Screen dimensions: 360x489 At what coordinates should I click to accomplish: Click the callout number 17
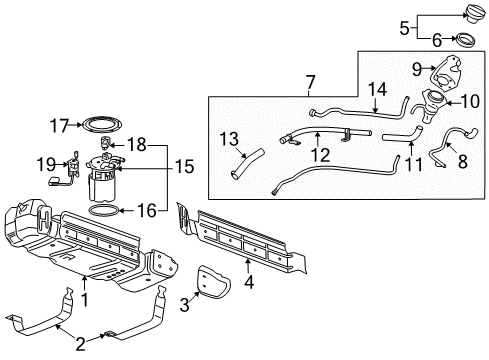point(62,126)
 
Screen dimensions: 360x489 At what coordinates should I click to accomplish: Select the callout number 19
point(45,163)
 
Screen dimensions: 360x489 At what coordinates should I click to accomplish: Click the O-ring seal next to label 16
point(105,212)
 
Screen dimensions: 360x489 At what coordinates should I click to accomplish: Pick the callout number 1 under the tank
point(84,299)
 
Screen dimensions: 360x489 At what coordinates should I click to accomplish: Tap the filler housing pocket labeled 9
point(440,77)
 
